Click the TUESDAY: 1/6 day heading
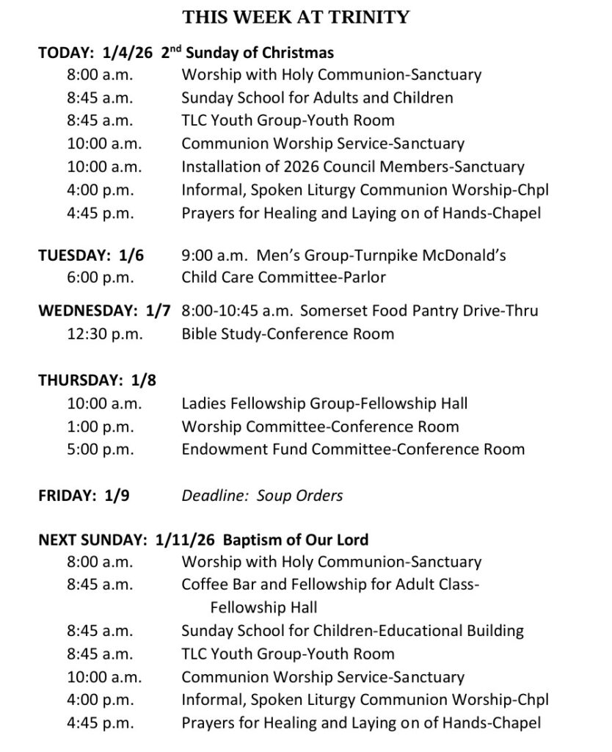pos(91,256)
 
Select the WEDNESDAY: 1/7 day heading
pos(104,311)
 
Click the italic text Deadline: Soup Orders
pos(262,496)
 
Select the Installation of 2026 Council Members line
pos(353,167)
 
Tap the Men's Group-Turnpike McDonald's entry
pos(343,256)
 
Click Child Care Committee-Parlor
pos(283,278)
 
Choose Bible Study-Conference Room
pos(288,334)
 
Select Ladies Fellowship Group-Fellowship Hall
pos(324,403)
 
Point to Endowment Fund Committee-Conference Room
pos(353,449)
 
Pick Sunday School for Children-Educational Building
pos(352,631)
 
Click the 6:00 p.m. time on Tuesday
pos(101,278)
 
